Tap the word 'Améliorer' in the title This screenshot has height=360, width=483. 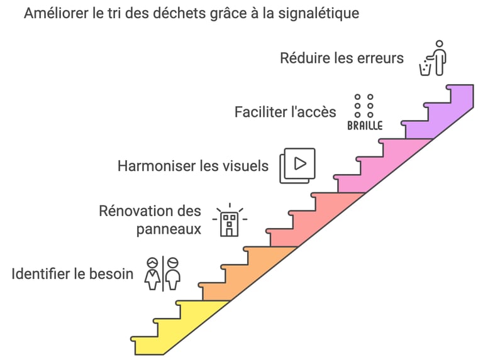56,13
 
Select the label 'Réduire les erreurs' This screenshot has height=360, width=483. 341,58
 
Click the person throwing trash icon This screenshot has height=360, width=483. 433,58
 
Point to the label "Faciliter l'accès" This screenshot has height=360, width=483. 285,112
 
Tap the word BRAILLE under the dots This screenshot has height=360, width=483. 365,125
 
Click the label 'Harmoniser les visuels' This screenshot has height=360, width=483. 193,166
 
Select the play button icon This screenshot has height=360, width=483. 297,165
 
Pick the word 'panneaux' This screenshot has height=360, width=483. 169,229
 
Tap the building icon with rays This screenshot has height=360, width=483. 230,221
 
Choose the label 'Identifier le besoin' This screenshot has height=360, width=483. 72,274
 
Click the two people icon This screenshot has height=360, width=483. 163,273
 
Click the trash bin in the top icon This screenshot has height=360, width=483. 425,67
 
